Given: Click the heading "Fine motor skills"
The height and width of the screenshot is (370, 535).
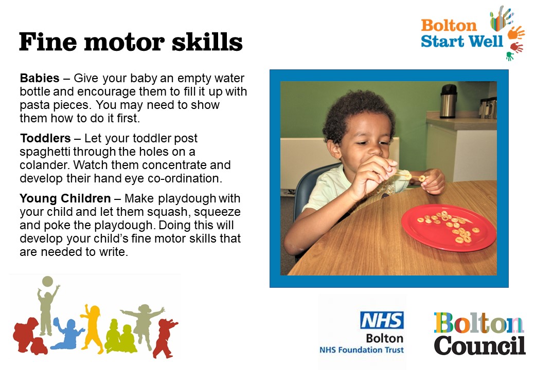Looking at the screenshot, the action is pos(131,42).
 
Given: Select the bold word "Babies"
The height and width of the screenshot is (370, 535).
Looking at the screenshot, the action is pos(40,78).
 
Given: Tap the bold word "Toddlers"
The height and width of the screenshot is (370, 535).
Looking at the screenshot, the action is pos(45,138).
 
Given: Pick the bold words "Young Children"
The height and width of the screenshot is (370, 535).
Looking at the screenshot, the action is pos(65,198).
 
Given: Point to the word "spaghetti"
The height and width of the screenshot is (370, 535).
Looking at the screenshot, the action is pos(45,152).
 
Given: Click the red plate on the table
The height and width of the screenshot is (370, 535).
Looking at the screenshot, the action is pos(449,227).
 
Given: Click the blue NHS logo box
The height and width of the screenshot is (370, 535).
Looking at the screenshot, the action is pos(382,320).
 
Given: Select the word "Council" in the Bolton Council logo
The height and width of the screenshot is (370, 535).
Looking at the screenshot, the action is pos(479,345).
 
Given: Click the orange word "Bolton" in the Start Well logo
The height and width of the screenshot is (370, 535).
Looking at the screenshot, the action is pos(449,26).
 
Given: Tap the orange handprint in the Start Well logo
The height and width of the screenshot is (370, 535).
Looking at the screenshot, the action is pos(515,33).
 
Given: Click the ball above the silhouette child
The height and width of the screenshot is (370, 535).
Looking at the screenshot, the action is pos(47,282).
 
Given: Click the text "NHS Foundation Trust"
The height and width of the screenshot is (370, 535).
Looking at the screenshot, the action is pos(361,350).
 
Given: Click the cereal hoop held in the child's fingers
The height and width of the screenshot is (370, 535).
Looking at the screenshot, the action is pos(422,178).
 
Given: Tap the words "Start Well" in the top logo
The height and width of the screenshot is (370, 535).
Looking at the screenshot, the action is pos(461,42).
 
